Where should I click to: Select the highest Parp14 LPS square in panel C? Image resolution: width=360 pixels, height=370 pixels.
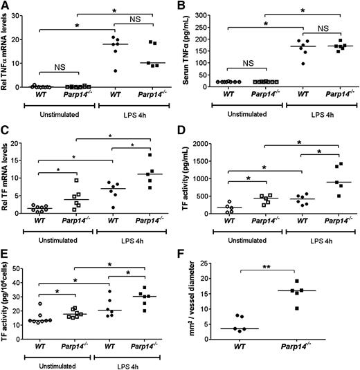(149, 155)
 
